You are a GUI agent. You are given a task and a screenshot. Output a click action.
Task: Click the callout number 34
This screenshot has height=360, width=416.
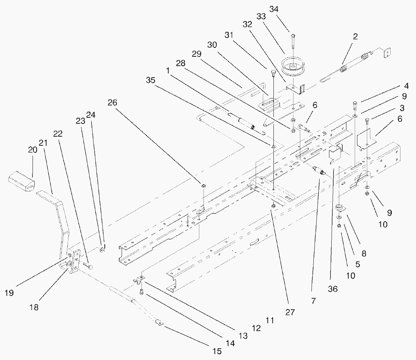(x=274, y=9)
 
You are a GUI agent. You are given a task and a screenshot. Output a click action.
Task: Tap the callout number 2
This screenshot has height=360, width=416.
(x=355, y=37)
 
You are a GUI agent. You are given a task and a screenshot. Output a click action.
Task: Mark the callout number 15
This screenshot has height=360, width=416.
(x=217, y=351)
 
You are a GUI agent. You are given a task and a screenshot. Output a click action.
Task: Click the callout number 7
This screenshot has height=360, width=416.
(x=313, y=301)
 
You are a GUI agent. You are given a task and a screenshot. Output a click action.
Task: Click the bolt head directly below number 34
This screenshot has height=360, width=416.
(x=293, y=36)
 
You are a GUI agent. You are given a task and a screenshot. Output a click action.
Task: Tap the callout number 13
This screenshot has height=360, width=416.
(x=243, y=335)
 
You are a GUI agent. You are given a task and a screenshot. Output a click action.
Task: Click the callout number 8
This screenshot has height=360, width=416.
(x=363, y=254)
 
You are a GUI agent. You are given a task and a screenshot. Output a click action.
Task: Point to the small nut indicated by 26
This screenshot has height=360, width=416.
(x=203, y=185)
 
